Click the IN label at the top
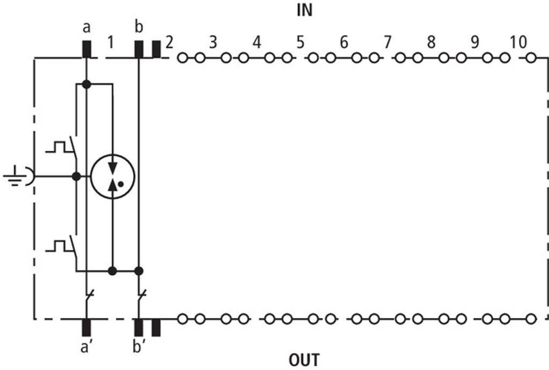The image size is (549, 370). [x=305, y=11]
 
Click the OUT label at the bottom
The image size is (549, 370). [x=305, y=360]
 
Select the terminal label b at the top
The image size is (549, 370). [x=139, y=27]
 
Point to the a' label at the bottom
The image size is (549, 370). [x=85, y=348]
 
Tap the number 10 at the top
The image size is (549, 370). [x=518, y=42]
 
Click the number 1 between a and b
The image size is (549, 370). [x=110, y=43]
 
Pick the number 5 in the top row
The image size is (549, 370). [x=300, y=42]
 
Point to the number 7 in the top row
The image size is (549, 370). [x=387, y=42]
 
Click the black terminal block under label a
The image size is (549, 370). [x=86, y=49]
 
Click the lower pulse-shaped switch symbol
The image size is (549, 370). [x=61, y=246]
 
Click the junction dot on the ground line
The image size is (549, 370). [x=76, y=177]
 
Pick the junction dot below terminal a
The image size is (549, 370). [x=86, y=84]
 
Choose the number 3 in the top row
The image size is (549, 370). [x=213, y=42]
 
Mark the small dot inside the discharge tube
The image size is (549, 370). [x=121, y=184]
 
